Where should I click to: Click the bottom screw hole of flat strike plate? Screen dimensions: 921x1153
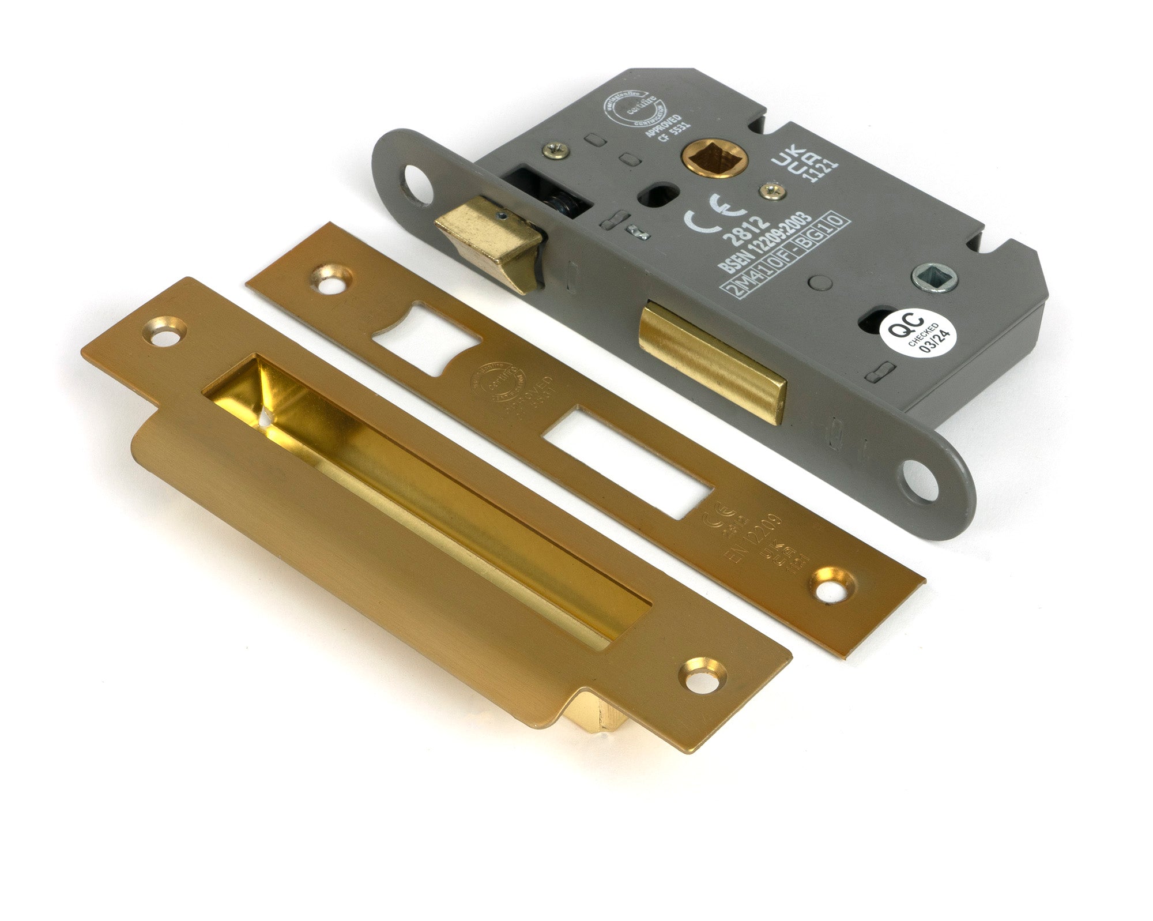pyautogui.click(x=831, y=587)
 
